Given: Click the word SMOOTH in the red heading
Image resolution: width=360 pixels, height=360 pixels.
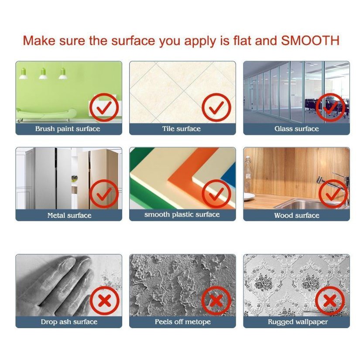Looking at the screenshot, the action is click(x=310, y=41).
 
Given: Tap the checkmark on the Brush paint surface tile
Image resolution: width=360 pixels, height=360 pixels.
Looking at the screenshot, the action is click(x=104, y=107).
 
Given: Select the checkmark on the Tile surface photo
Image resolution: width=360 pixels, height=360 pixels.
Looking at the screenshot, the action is click(x=216, y=107).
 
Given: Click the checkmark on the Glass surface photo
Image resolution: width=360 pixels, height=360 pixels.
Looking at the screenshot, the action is click(x=330, y=107).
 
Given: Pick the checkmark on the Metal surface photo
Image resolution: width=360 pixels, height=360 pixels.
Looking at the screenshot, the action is click(x=104, y=194).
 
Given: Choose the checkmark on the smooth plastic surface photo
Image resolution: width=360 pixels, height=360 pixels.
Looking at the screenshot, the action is click(x=216, y=194).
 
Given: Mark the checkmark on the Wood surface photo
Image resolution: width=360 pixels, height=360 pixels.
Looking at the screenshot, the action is click(x=333, y=194).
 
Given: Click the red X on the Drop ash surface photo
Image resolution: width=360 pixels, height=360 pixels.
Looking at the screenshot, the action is click(x=104, y=301).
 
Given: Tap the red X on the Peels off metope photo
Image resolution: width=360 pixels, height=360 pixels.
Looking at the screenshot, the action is click(x=216, y=301).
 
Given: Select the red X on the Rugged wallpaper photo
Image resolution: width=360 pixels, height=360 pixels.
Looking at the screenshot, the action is click(x=330, y=301).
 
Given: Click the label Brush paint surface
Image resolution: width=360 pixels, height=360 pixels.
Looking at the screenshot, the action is click(x=68, y=129).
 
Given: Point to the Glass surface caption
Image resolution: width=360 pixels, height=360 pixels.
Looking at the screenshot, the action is click(x=297, y=129).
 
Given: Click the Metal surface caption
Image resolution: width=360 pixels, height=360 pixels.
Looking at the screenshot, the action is click(x=69, y=216).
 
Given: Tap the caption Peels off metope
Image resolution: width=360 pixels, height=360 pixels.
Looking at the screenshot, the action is click(x=183, y=322).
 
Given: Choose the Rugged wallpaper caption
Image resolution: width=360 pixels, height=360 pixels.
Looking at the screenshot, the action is click(x=298, y=322).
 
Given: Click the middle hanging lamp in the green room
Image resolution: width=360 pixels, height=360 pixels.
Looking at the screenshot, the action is click(x=43, y=74).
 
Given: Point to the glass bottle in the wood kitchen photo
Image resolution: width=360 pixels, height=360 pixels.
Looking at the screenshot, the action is click(x=247, y=175).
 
